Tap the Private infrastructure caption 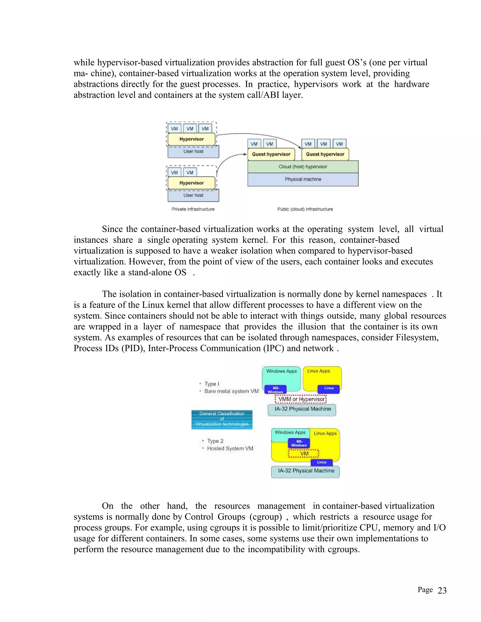coord(193,209)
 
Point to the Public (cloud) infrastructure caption coord(305,209)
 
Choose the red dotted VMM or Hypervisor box coord(301,399)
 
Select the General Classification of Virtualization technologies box coord(222,419)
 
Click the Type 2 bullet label coord(215,441)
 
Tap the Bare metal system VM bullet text coord(231,391)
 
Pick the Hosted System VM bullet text coord(230,449)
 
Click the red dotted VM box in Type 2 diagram coord(304,453)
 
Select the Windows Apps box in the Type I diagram coord(281,376)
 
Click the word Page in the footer coord(425,590)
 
